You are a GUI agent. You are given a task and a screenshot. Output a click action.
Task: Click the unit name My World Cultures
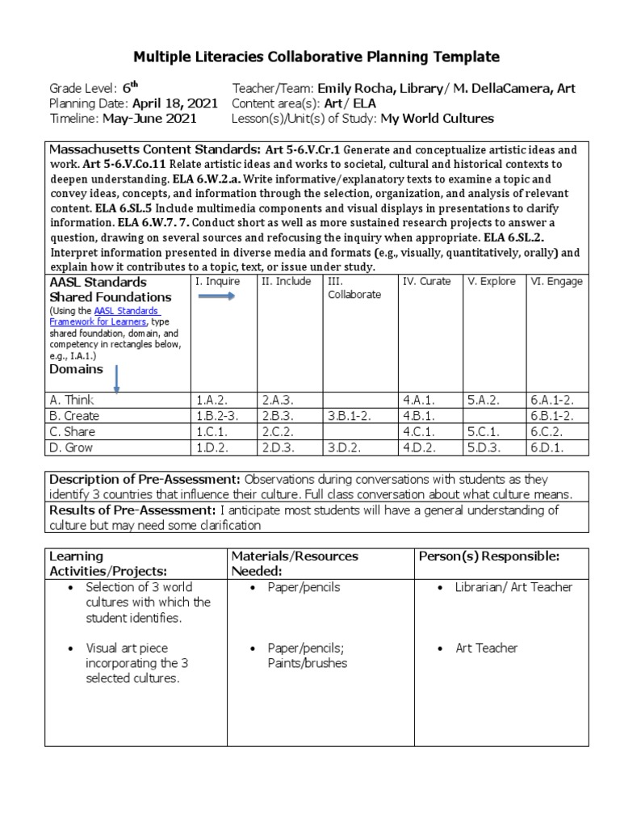(437, 118)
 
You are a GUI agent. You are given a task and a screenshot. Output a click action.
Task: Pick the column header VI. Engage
(556, 282)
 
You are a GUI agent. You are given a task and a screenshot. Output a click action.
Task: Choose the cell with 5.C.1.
(484, 432)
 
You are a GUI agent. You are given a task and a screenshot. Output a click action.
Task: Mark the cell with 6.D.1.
(547, 448)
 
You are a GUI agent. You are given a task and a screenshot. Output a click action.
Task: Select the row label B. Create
(75, 416)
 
